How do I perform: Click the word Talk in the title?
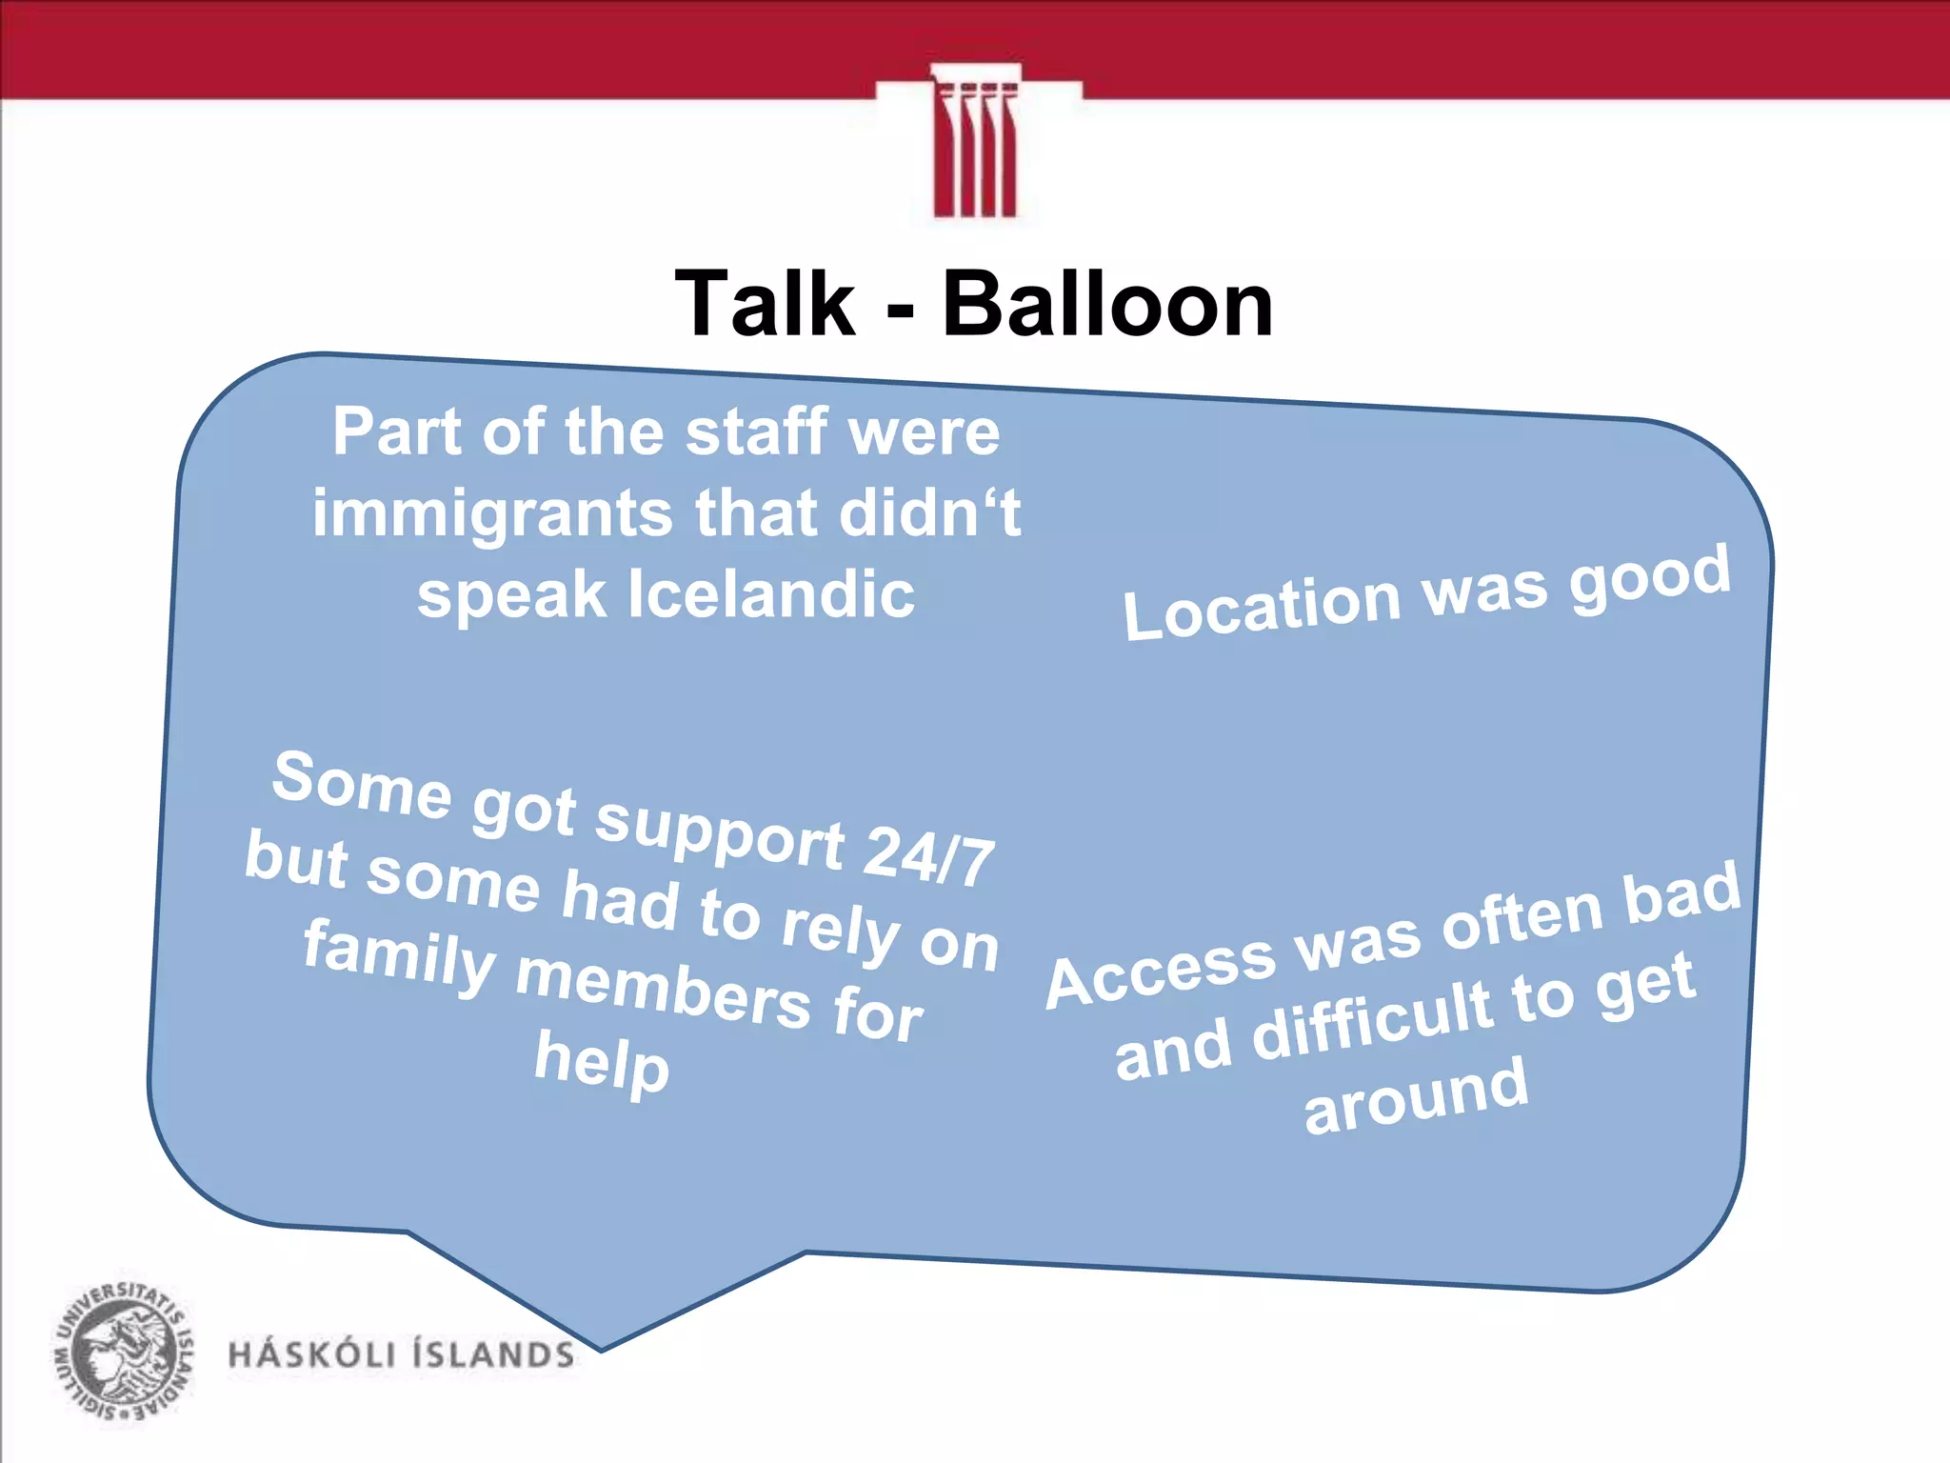(x=765, y=304)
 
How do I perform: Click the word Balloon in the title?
(x=1107, y=304)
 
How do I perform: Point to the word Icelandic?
(x=771, y=594)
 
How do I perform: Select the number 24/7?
(x=929, y=854)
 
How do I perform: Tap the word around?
(x=1416, y=1097)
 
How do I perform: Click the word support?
(x=720, y=830)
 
